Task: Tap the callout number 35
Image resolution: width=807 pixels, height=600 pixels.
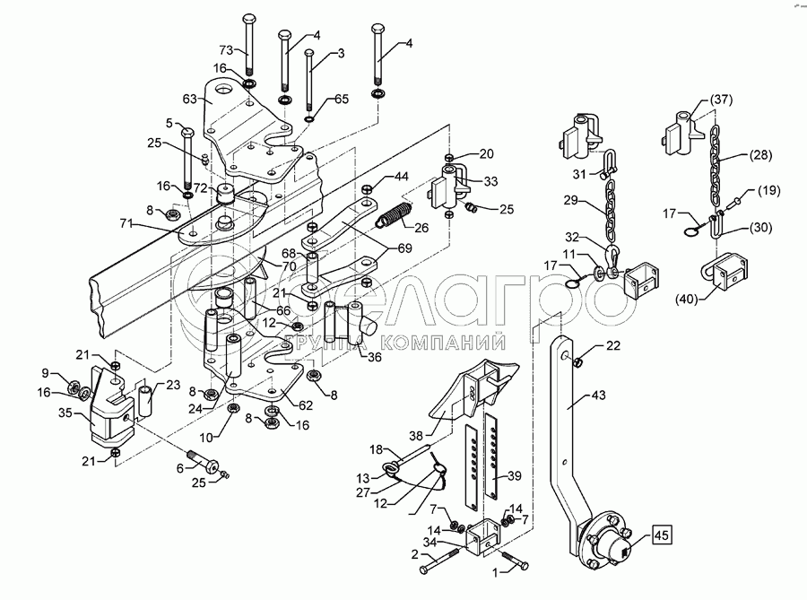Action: (x=65, y=414)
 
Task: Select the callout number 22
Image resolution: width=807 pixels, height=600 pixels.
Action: (x=612, y=345)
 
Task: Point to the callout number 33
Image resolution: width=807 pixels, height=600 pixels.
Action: (x=492, y=181)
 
